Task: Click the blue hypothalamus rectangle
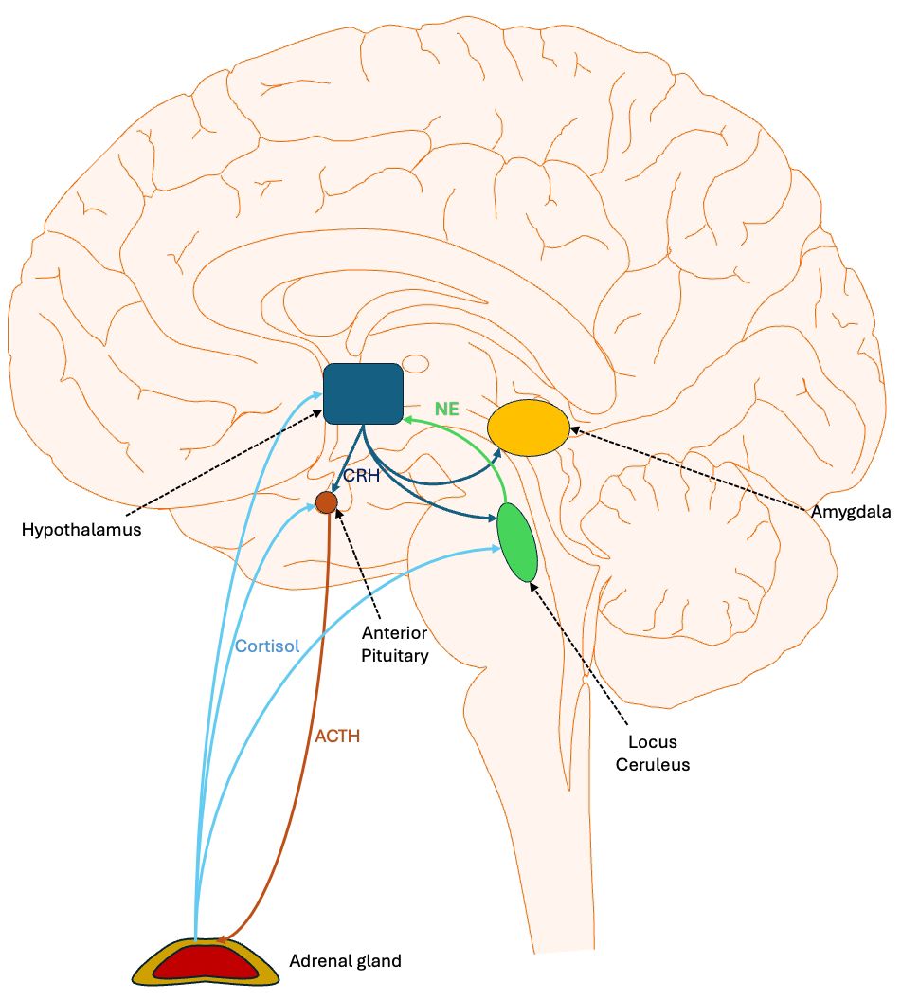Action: pos(363,393)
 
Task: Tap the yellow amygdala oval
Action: pos(529,427)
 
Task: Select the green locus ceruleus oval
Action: pos(517,542)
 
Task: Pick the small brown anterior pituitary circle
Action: pos(326,502)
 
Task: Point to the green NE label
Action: pos(446,409)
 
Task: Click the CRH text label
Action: pos(362,476)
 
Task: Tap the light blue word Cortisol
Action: pos(267,646)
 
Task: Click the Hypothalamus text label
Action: pos(81,530)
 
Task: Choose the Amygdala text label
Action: pos(851,512)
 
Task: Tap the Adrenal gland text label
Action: pos(345,961)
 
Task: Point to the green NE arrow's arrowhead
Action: pos(407,419)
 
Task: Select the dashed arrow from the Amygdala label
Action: pos(692,470)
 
